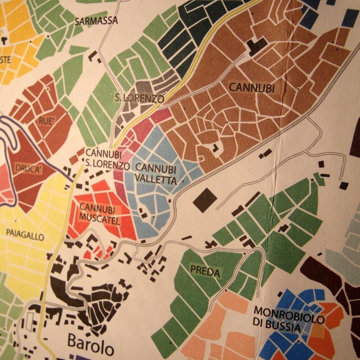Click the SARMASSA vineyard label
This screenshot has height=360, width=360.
[x=96, y=21]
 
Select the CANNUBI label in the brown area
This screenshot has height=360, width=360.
[x=246, y=87]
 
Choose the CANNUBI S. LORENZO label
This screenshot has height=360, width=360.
[x=107, y=159]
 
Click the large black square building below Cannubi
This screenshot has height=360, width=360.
[x=205, y=200]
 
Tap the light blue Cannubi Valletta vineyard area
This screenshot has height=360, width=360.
[x=154, y=203]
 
